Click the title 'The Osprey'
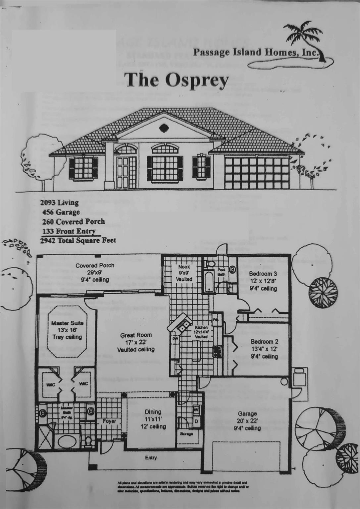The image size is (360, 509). [x=176, y=80]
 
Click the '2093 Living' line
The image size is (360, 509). [x=60, y=202]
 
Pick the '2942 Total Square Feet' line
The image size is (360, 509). [x=78, y=241]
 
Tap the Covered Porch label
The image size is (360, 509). [x=95, y=265]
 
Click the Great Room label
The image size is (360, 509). [x=136, y=335]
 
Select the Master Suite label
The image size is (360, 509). [x=67, y=323]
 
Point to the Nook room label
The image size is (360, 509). [x=184, y=267]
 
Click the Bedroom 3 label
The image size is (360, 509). [x=263, y=274]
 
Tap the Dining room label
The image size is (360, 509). [x=153, y=412]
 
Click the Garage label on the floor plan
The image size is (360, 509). [x=247, y=414]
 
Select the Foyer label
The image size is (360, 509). [x=109, y=421]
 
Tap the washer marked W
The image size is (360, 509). [x=196, y=410]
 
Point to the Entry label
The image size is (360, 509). [x=151, y=458]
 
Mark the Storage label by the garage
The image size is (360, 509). [x=186, y=434]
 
